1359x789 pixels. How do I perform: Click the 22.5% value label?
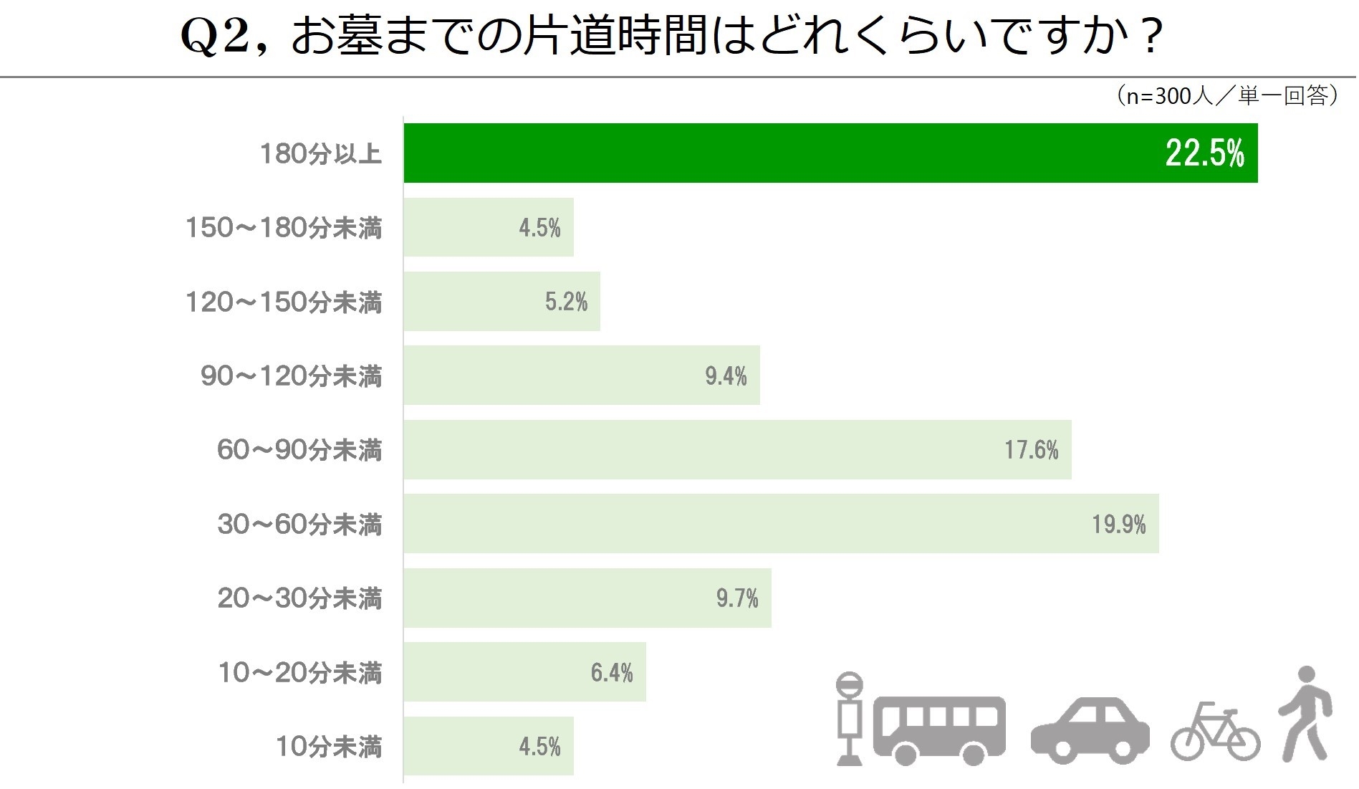click(x=1204, y=153)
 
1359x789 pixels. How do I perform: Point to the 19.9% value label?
click(x=1118, y=524)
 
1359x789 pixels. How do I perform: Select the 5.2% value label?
click(x=566, y=302)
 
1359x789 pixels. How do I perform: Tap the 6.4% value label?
click(x=612, y=672)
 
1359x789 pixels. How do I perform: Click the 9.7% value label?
click(x=737, y=598)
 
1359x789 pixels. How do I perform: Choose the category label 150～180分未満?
click(x=284, y=228)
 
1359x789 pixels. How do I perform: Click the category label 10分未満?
click(x=329, y=747)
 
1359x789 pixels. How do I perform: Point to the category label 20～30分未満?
click(x=299, y=598)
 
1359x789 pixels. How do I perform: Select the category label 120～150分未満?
click(x=284, y=302)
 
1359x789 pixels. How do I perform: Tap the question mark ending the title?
click(x=1151, y=36)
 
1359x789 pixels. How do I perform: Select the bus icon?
click(x=938, y=727)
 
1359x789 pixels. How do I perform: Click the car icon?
click(x=1090, y=730)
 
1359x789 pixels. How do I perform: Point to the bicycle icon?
click(x=1215, y=732)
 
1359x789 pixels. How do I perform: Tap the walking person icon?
click(x=1305, y=713)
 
